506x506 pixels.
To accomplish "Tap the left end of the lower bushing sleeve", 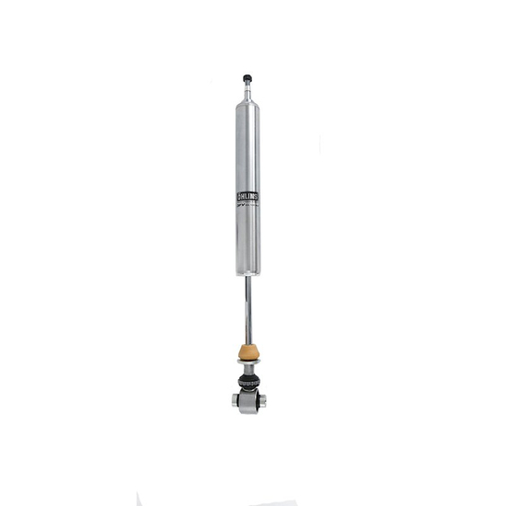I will (234, 401).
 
